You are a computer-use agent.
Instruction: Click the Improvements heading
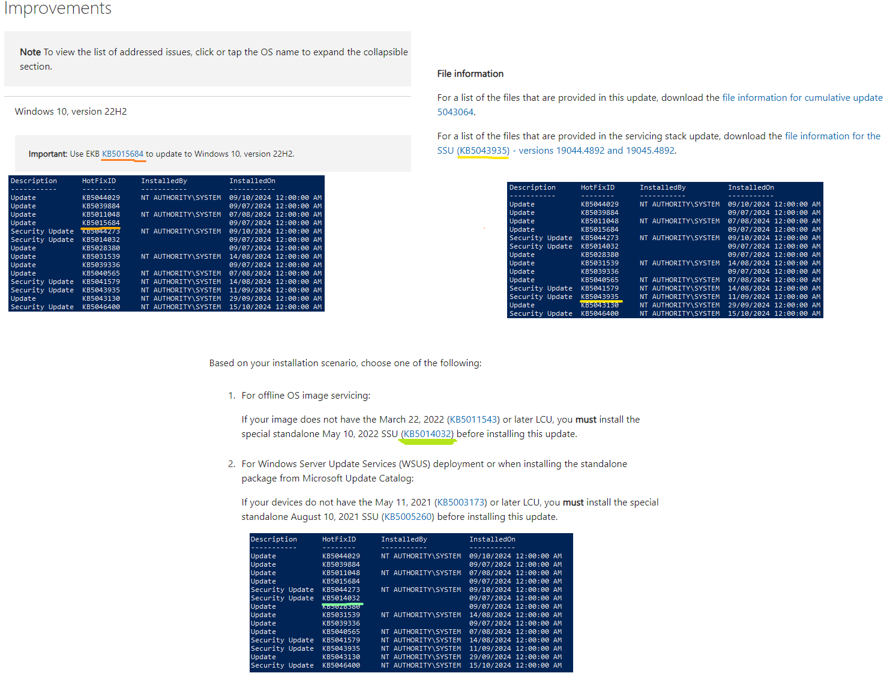(x=58, y=8)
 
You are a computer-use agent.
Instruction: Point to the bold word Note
(x=30, y=52)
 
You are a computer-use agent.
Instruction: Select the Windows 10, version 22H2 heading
(x=71, y=112)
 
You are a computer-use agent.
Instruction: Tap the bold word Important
(x=47, y=154)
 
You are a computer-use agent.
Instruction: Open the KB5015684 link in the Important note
(x=123, y=154)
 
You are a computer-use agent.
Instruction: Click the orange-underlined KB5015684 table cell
(x=101, y=223)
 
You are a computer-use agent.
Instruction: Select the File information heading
(x=470, y=74)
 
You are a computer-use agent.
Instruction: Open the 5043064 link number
(x=455, y=112)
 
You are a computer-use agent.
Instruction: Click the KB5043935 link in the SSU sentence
(x=483, y=151)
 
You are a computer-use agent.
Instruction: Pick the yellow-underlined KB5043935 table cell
(x=600, y=297)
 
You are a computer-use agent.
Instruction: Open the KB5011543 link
(x=474, y=420)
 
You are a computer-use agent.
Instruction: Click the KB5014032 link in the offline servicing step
(x=427, y=434)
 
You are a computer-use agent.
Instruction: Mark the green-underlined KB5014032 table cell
(x=341, y=598)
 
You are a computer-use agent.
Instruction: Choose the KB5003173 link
(x=460, y=502)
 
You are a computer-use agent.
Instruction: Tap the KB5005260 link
(x=408, y=517)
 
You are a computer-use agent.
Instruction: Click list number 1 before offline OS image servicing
(x=231, y=396)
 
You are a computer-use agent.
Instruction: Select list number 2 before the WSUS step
(x=231, y=464)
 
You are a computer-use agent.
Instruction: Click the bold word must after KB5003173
(x=573, y=502)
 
